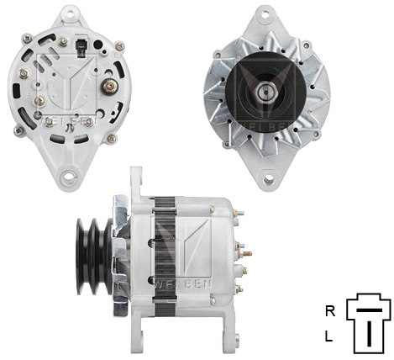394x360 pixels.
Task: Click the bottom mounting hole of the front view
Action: (x=268, y=178)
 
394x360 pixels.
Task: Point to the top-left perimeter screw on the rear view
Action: (x=28, y=37)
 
